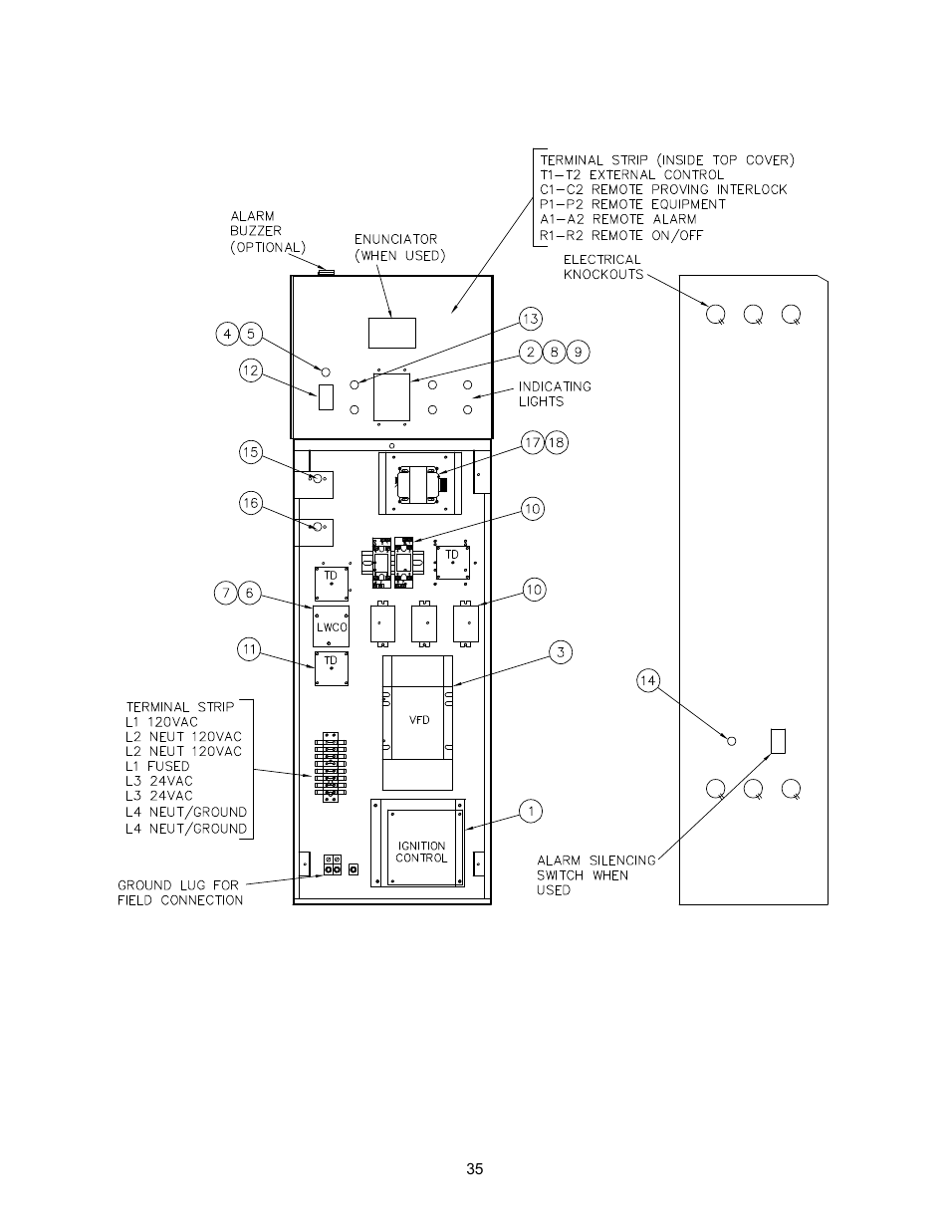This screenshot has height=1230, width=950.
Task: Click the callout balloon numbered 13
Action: (530, 320)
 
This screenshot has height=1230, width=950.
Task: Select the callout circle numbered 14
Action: (648, 680)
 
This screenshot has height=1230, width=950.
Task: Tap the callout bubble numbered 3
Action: (561, 652)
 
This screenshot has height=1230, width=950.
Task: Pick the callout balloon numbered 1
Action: (531, 811)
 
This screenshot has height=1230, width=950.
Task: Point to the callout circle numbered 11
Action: (249, 649)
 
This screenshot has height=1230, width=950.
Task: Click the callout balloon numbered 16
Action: (251, 503)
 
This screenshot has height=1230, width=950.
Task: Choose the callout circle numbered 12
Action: (251, 371)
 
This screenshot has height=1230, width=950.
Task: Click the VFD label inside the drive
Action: (419, 720)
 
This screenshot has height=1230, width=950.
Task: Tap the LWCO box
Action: (331, 626)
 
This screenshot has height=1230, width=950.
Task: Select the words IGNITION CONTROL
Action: (421, 852)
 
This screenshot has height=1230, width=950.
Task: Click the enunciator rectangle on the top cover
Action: (392, 333)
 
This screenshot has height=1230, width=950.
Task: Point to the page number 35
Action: (475, 1169)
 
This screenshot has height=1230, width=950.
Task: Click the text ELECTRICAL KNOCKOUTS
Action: (603, 267)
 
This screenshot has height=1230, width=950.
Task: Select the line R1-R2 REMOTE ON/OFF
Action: (621, 235)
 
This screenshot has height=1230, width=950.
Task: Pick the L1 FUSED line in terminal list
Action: (157, 767)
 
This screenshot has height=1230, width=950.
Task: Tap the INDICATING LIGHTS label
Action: (555, 394)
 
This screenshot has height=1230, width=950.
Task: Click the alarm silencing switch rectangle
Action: (778, 741)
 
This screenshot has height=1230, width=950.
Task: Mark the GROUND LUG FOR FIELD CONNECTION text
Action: (180, 892)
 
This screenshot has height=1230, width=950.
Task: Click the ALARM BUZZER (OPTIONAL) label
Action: (268, 232)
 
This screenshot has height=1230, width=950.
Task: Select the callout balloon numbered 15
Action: (251, 452)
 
